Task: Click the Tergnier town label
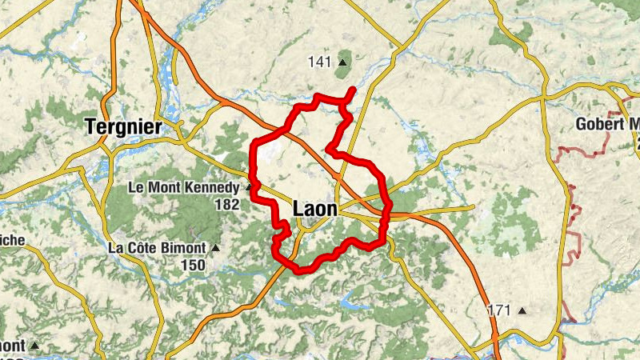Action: pyautogui.click(x=123, y=127)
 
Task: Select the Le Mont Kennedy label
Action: pyautogui.click(x=183, y=188)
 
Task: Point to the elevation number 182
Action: pyautogui.click(x=227, y=205)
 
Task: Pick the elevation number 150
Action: pyautogui.click(x=193, y=265)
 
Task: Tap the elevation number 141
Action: pyautogui.click(x=321, y=62)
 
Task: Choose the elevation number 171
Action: pyautogui.click(x=500, y=310)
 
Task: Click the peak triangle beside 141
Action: pyautogui.click(x=343, y=62)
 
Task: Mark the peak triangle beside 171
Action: pyautogui.click(x=522, y=310)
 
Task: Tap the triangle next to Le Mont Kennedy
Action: pyautogui.click(x=248, y=188)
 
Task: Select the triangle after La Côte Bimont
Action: pyautogui.click(x=214, y=248)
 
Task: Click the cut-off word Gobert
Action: pyautogui.click(x=602, y=125)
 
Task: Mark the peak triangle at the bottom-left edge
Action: pyautogui.click(x=34, y=346)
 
